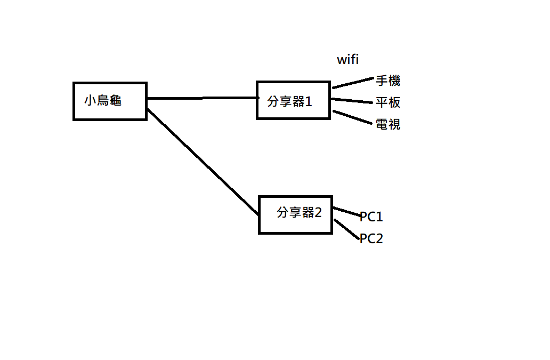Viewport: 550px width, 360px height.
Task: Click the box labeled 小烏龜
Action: pyautogui.click(x=110, y=101)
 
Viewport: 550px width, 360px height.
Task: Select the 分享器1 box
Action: pyautogui.click(x=293, y=100)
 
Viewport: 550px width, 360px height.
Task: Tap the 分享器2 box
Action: pyautogui.click(x=295, y=214)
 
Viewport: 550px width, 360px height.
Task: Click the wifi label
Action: pyautogui.click(x=347, y=60)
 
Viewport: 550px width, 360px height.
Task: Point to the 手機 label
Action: pyautogui.click(x=388, y=81)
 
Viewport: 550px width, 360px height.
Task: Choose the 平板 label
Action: pyautogui.click(x=388, y=102)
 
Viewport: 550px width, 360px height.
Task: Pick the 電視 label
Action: pyautogui.click(x=388, y=124)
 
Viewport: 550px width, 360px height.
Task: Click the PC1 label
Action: pyautogui.click(x=371, y=217)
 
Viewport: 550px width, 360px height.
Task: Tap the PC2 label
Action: pyautogui.click(x=371, y=238)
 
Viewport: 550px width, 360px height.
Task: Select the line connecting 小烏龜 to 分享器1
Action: pyautogui.click(x=203, y=98)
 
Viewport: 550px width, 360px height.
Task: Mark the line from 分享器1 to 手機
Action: pyautogui.click(x=353, y=83)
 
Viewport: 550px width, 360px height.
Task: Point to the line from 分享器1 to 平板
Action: pyautogui.click(x=352, y=100)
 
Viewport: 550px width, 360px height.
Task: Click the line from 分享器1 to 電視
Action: pyautogui.click(x=352, y=117)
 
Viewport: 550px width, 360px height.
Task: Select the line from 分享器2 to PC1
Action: pyautogui.click(x=346, y=211)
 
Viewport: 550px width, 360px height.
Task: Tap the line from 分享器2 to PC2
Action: pyautogui.click(x=346, y=229)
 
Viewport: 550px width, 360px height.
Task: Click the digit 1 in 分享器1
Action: pyautogui.click(x=309, y=101)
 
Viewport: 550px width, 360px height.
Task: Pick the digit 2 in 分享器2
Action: pyautogui.click(x=318, y=212)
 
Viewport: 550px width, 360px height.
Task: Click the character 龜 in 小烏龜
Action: pyautogui.click(x=116, y=100)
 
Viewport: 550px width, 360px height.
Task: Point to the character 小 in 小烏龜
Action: pyautogui.click(x=90, y=100)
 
